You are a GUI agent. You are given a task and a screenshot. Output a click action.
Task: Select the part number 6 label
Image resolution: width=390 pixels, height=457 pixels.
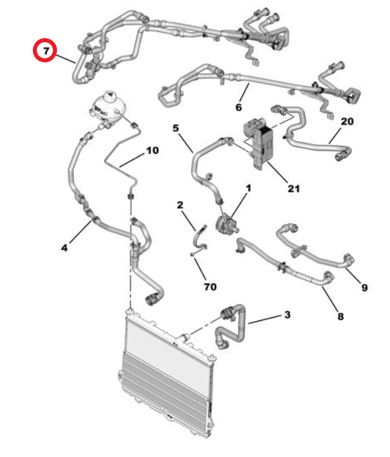point(239,107)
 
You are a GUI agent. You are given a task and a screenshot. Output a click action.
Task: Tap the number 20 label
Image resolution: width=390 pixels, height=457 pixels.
point(347,121)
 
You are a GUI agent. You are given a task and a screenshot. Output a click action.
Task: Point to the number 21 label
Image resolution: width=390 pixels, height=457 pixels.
point(294,188)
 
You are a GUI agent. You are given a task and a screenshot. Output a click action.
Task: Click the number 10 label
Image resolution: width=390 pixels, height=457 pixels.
point(152,150)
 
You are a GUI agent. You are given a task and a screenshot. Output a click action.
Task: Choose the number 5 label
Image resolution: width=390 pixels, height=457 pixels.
point(176,128)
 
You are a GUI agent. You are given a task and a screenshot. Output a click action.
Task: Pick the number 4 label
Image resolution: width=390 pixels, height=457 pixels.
point(64,248)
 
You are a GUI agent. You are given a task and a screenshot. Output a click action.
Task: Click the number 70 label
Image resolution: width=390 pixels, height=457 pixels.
point(210,287)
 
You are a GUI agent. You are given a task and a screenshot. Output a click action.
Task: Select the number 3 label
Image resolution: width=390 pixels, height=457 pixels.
point(287,314)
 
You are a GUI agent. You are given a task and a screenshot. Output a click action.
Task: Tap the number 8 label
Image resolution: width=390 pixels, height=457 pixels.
point(340,316)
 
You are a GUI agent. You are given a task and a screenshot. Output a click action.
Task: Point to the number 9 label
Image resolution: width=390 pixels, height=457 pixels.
point(365,287)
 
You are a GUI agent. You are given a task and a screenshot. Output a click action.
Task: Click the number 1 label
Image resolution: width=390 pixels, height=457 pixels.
point(249,188)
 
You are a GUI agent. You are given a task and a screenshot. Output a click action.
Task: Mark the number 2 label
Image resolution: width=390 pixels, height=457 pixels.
point(180,205)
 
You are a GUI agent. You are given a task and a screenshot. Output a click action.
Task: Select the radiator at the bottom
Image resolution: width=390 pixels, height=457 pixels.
point(167,373)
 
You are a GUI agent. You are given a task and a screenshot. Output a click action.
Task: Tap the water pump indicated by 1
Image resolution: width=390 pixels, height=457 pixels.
point(226,224)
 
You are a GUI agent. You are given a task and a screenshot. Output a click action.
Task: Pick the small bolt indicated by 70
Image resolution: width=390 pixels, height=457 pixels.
point(193,255)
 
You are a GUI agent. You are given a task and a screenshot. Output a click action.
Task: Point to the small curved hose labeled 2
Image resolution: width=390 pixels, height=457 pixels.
point(200,239)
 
